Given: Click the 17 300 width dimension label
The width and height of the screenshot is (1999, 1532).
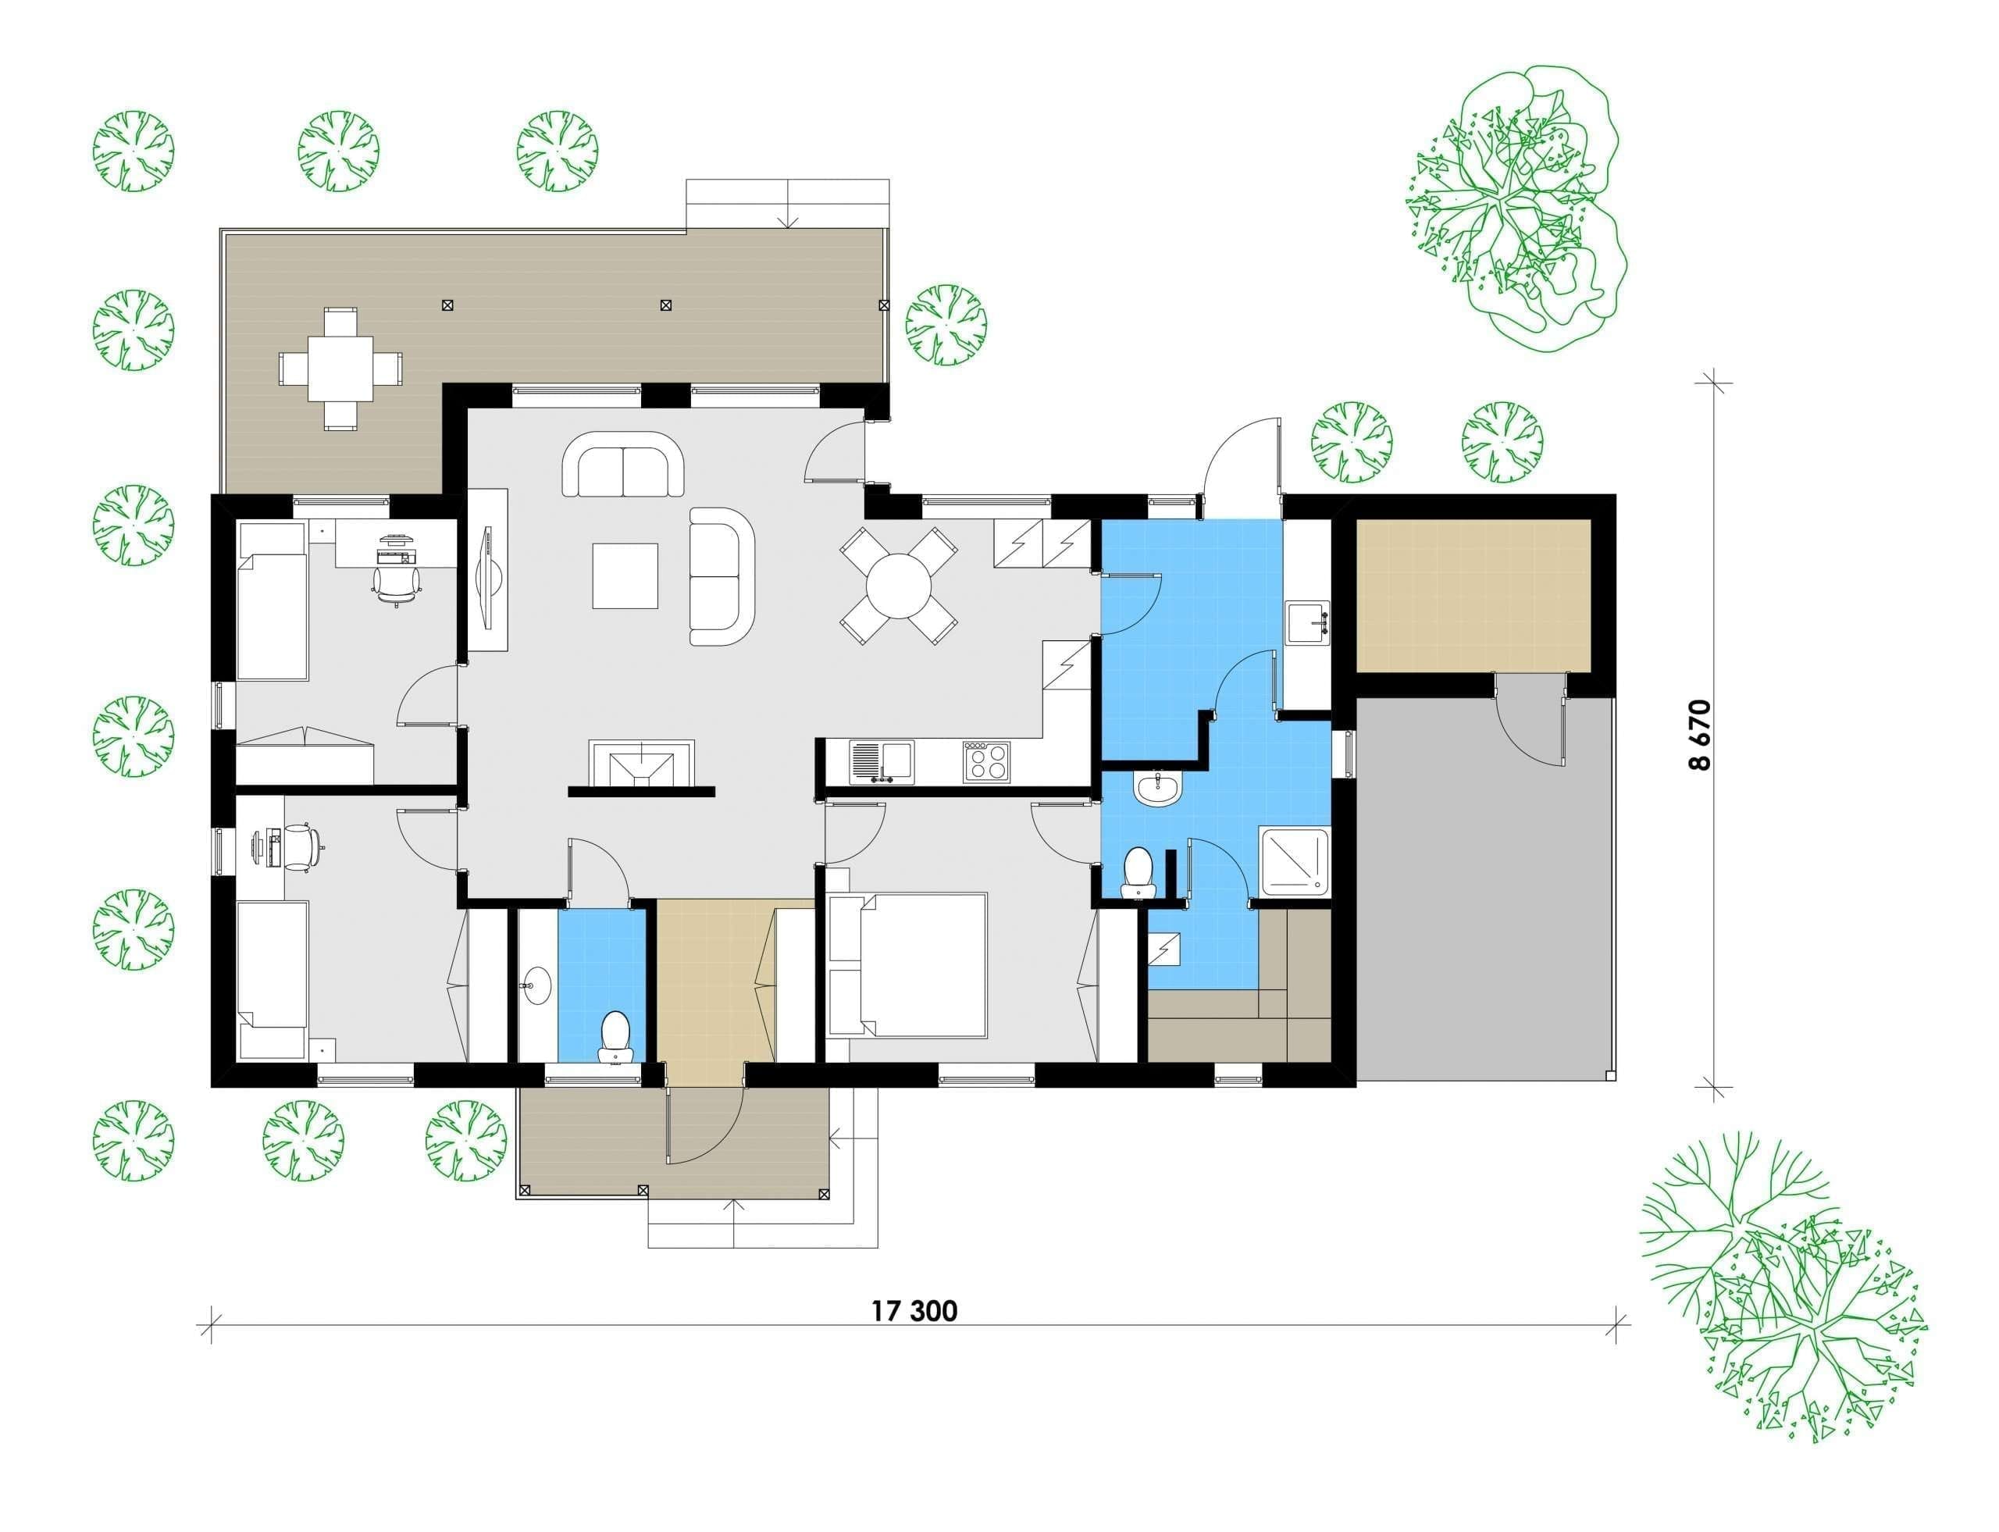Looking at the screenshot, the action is pos(914,1311).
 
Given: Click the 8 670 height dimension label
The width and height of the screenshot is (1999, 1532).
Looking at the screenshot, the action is pos(1701,735).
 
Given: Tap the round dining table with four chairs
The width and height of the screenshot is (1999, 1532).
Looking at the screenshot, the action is pos(898,586).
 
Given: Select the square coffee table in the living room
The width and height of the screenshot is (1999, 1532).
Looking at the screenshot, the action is pos(625,575).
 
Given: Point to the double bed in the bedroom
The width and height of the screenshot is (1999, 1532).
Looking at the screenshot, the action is pos(907,966).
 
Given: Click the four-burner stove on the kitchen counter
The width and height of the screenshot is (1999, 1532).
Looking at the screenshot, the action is pos(985,761).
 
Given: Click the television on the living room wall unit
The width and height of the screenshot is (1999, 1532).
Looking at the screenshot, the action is pos(489,570).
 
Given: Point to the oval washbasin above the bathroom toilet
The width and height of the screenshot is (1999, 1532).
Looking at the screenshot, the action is pos(1158,788).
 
